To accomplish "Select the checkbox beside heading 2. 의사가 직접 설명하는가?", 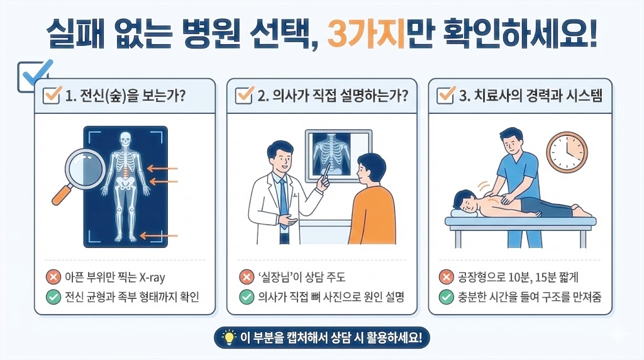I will pos(243,96).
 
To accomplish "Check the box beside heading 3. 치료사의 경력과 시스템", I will pos(445,96).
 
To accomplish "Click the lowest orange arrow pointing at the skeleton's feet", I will pos(159,235).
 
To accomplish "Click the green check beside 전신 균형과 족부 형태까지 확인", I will pos(53,296).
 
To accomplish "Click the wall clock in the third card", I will pos(566,153).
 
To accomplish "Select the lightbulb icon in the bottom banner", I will pos(228,337).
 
